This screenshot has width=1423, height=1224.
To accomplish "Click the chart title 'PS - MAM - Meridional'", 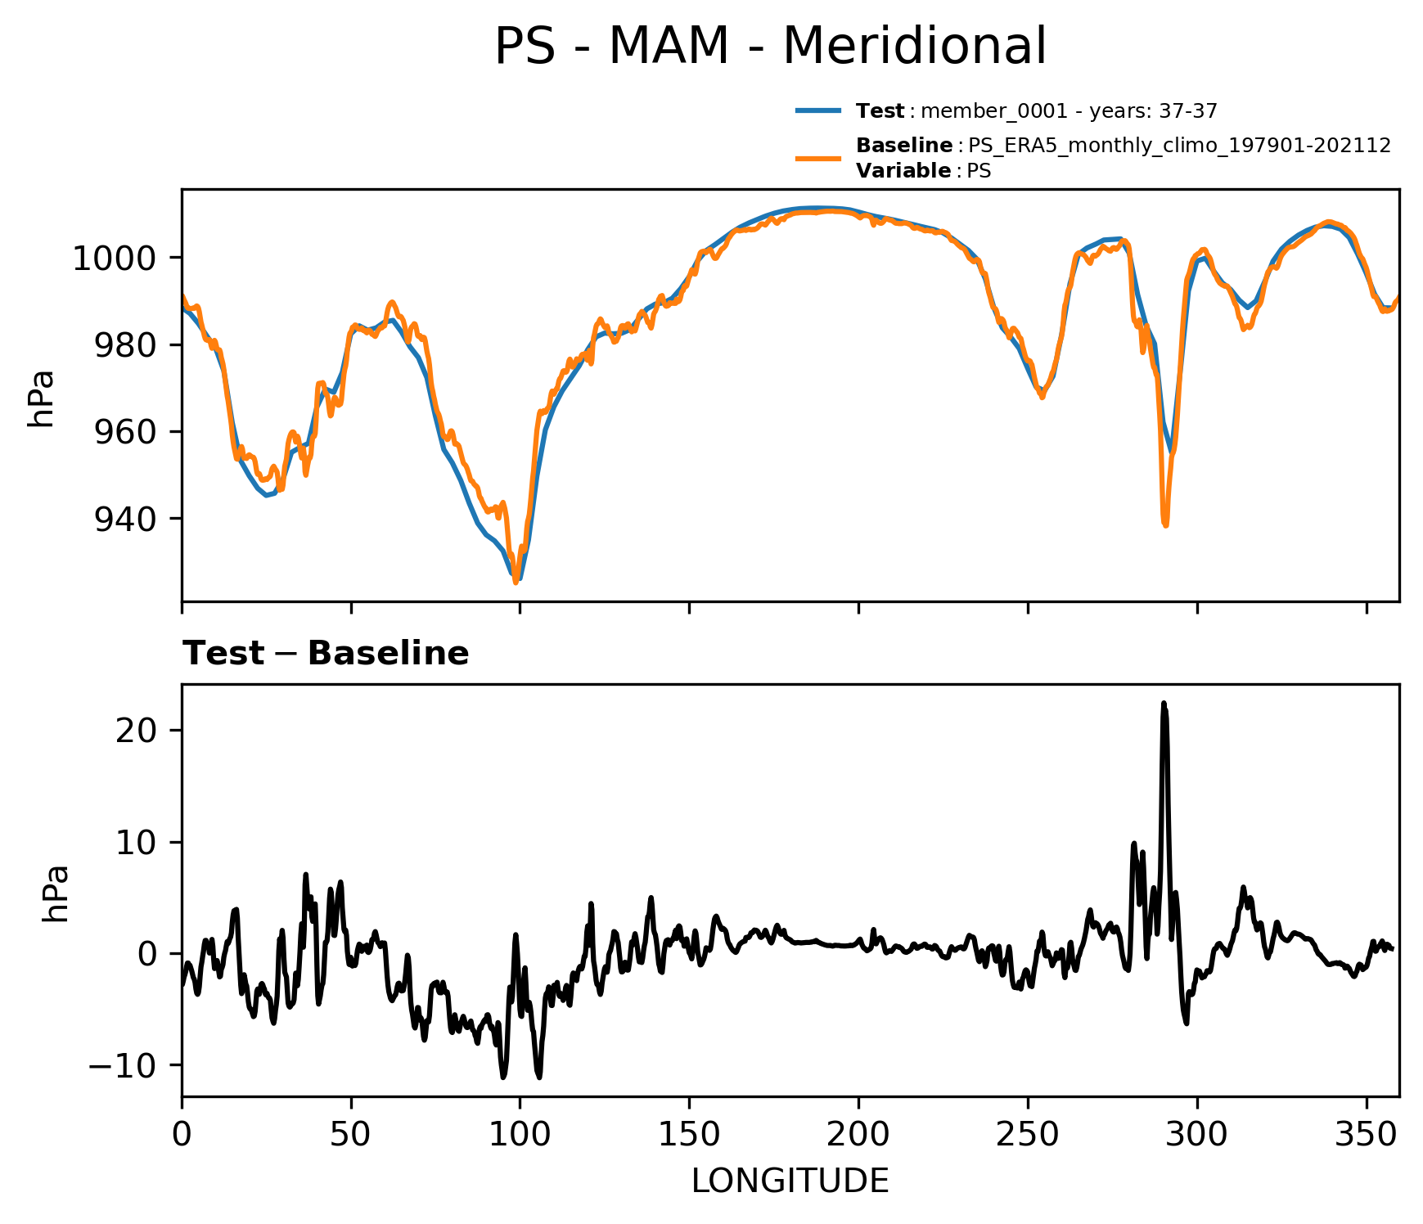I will tap(770, 47).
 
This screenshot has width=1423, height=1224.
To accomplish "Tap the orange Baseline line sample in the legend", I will tap(817, 158).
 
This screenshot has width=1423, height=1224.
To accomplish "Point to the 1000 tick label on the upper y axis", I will tap(113, 259).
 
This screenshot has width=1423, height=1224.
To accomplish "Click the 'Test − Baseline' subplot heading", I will tap(325, 654).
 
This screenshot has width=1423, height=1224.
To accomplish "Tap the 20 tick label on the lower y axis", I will tap(136, 731).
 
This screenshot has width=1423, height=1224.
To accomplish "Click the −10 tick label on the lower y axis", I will tap(123, 1066).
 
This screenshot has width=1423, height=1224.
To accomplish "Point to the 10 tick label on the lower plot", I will tap(136, 843).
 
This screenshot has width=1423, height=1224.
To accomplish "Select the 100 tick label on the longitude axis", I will tap(520, 1135).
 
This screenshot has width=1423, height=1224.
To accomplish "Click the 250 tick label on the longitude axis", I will tap(1028, 1135).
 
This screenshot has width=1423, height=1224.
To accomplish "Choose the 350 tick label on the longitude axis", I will tap(1366, 1135).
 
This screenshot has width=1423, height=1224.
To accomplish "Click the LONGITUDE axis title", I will tap(790, 1181).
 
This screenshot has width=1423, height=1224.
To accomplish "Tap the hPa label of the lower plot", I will tap(56, 893).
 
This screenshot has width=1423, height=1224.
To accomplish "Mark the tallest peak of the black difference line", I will tap(1164, 704).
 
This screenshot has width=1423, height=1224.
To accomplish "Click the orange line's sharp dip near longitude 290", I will tap(1164, 524).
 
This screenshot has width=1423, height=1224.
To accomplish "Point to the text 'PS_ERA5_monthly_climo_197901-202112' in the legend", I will tap(1179, 146).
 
